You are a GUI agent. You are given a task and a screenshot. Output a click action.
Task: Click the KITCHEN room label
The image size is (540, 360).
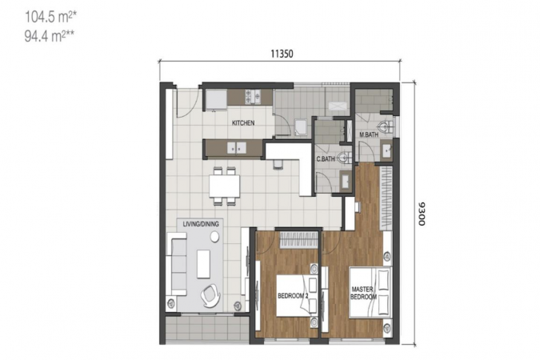point(243,123)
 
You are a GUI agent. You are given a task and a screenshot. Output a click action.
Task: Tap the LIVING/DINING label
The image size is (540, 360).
point(201,224)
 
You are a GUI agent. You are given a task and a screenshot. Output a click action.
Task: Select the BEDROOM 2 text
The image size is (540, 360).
point(293,296)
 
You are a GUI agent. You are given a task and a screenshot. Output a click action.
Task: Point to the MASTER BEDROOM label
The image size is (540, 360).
point(364,293)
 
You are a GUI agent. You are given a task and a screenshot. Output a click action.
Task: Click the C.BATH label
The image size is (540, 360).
point(326,159)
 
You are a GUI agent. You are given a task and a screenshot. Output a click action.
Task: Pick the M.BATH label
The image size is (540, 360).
point(369,134)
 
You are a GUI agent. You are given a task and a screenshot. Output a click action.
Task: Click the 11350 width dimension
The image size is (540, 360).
point(282,54)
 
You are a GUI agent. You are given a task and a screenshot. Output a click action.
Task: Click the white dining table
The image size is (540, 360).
point(224,186)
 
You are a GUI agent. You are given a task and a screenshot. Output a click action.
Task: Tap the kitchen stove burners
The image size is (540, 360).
point(252,97)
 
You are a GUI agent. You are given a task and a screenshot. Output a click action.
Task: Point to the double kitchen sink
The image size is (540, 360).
point(236,148)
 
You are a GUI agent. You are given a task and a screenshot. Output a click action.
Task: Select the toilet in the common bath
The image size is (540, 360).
point(344,158)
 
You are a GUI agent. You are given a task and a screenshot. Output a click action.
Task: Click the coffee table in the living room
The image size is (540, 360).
point(203,264)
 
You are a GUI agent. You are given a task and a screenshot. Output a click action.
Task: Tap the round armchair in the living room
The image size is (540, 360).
point(210,295)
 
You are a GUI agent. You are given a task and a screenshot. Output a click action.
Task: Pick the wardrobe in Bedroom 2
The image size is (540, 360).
point(298,240)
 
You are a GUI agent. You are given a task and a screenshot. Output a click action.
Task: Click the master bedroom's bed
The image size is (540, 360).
point(370,292)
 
